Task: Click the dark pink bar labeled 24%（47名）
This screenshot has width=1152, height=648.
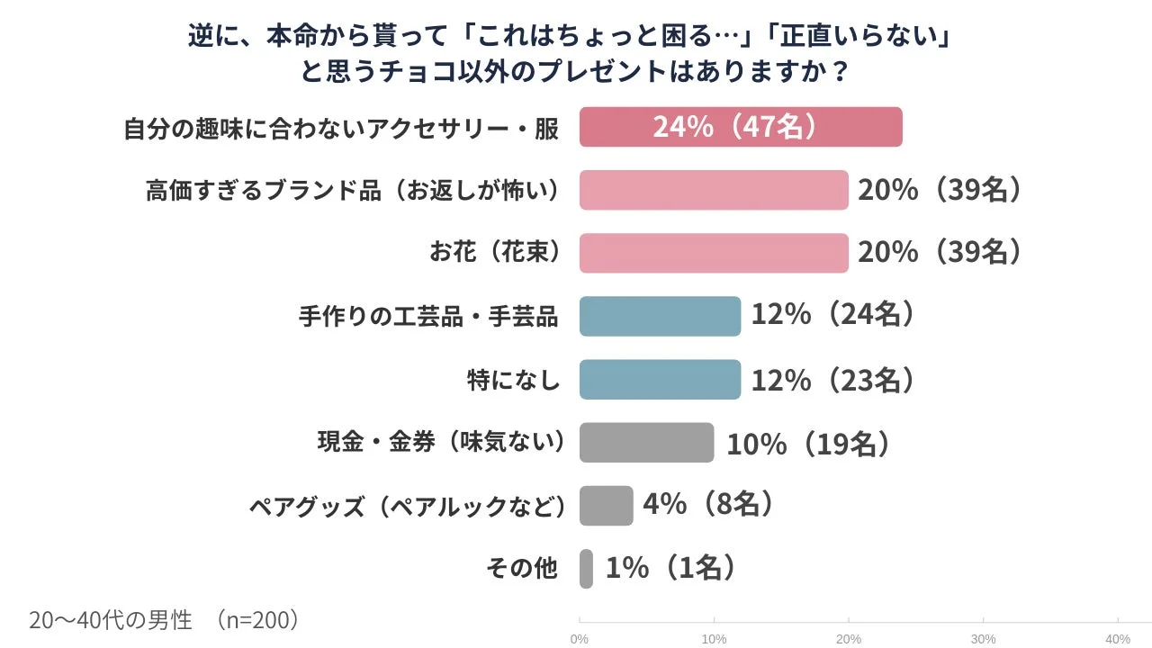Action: [741, 127]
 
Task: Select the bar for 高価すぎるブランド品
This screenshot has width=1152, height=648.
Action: [714, 190]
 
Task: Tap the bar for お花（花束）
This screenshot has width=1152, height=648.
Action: [714, 253]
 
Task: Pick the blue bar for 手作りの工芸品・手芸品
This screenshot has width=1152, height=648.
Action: [660, 316]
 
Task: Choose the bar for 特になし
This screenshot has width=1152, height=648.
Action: [660, 379]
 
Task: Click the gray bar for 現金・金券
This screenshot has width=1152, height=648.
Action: [646, 443]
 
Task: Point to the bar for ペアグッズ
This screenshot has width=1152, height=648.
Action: [606, 506]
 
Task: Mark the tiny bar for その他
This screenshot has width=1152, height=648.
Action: [586, 569]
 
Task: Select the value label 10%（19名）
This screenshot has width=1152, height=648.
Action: [807, 443]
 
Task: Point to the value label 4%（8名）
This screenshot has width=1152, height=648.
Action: [709, 506]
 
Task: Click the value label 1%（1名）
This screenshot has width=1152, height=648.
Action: [671, 569]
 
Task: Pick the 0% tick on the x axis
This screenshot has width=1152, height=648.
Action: [580, 639]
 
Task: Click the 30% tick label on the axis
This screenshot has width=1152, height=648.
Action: [983, 639]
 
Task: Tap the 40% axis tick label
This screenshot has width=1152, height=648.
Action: [1117, 639]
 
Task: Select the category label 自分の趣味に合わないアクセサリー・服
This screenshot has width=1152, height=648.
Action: [341, 129]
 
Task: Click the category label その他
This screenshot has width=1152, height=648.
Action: [522, 569]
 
